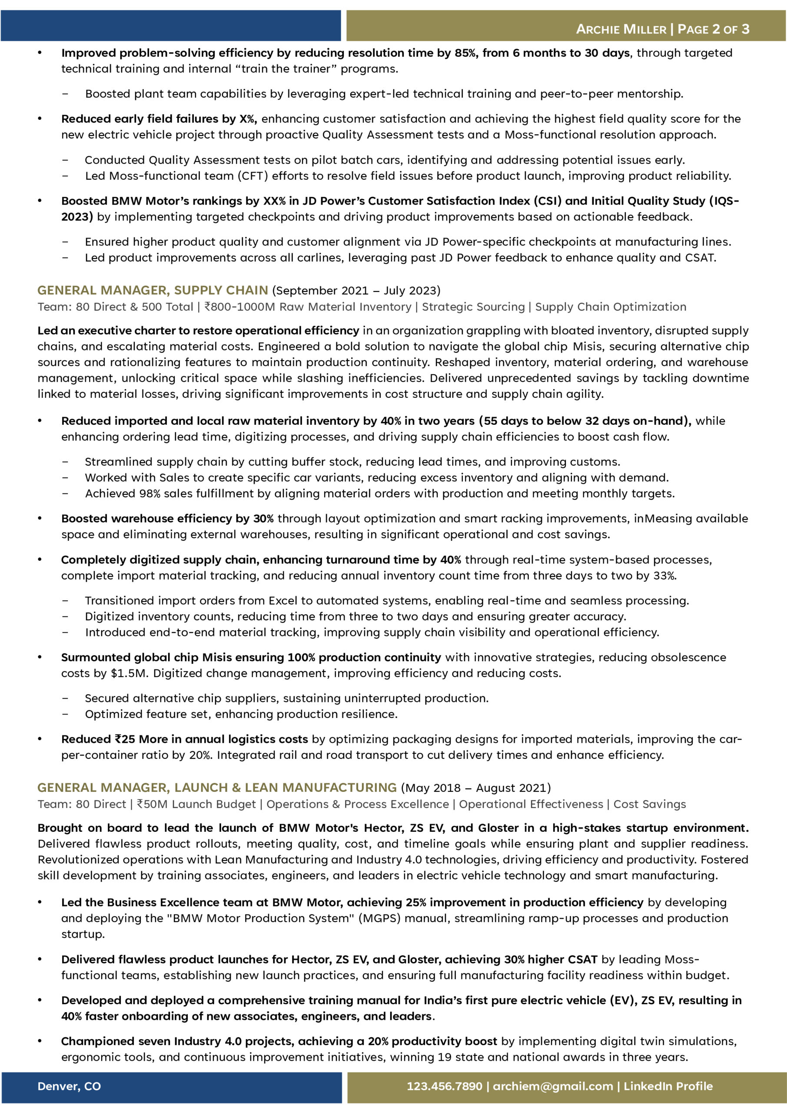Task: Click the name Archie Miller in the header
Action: pyautogui.click(x=621, y=29)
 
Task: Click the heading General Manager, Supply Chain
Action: pyautogui.click(x=153, y=290)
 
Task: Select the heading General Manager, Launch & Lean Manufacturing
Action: pyautogui.click(x=217, y=788)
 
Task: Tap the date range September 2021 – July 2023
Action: pyautogui.click(x=356, y=291)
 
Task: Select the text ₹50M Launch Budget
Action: pyautogui.click(x=196, y=804)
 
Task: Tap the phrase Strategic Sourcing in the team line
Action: pyautogui.click(x=473, y=307)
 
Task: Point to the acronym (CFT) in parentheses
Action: pyautogui.click(x=252, y=176)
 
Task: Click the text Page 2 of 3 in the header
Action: pyautogui.click(x=713, y=29)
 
